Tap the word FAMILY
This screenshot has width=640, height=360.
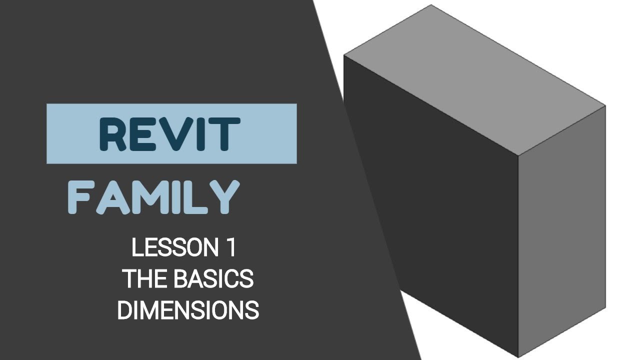(153, 197)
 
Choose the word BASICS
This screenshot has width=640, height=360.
(213, 279)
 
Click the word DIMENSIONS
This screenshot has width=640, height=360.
(188, 310)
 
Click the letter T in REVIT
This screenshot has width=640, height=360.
(220, 134)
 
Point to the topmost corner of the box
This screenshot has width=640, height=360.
(431, 5)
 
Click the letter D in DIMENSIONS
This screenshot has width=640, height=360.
(124, 310)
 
